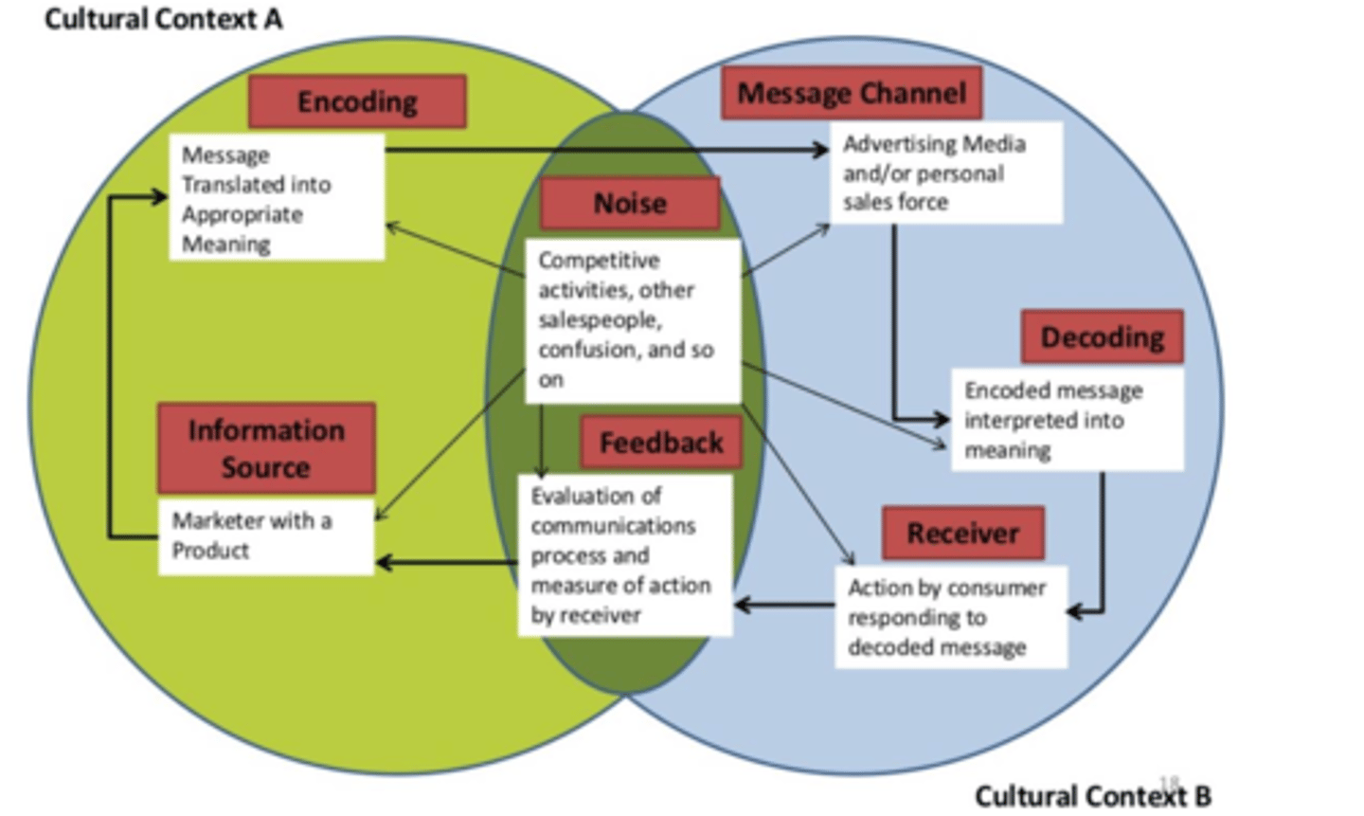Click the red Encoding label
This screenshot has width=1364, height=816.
(357, 101)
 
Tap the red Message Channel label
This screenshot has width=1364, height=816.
(851, 93)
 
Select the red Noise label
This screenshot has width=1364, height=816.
(630, 203)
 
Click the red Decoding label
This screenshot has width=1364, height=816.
(1102, 336)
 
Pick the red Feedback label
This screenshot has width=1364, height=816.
(660, 443)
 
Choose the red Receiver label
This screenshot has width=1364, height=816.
(962, 533)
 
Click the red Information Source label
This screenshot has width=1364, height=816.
(266, 448)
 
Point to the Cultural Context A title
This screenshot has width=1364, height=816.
(163, 19)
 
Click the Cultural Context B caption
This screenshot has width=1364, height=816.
(1092, 796)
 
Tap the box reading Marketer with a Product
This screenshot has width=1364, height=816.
(266, 535)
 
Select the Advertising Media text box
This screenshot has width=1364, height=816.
(945, 172)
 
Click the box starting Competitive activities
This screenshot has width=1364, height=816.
(633, 320)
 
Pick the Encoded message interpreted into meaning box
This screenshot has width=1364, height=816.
(1067, 420)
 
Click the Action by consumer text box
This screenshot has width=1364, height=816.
(950, 617)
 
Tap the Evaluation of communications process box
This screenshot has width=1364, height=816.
(624, 555)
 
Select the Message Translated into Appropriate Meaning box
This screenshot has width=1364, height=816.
(277, 199)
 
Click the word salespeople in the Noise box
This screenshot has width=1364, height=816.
(600, 320)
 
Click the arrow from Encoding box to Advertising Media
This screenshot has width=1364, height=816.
(606, 150)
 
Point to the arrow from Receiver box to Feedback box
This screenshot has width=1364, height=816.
(784, 605)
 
